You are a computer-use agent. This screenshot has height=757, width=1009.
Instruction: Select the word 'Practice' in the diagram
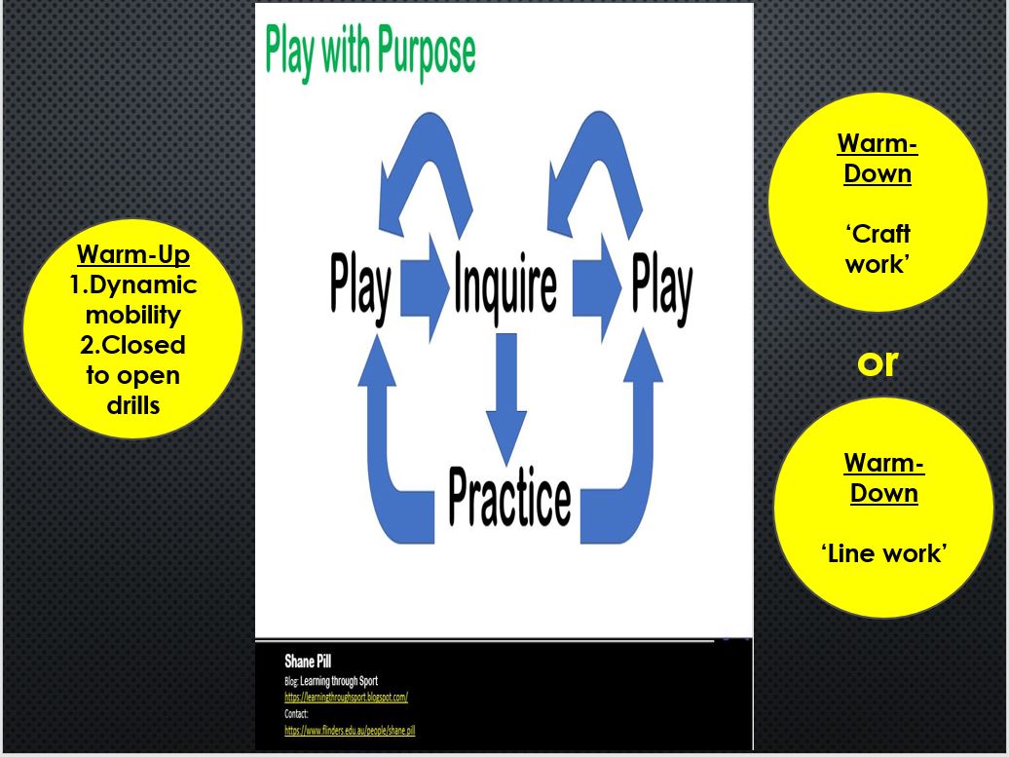(508, 497)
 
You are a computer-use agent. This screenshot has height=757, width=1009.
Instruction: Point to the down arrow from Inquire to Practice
(505, 399)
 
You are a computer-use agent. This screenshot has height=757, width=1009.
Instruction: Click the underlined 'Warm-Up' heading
(132, 255)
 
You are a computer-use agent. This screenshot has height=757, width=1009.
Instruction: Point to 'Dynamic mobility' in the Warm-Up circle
(132, 300)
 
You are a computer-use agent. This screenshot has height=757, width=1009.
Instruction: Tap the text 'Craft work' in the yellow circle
(878, 248)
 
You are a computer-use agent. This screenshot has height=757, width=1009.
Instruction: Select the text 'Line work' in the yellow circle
(883, 553)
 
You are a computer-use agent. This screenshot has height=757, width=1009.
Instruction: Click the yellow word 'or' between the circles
(878, 362)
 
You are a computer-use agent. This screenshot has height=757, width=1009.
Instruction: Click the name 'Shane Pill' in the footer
(308, 662)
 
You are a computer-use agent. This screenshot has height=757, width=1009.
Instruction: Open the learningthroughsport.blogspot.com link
(346, 698)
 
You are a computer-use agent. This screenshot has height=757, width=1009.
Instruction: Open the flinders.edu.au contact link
(350, 730)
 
